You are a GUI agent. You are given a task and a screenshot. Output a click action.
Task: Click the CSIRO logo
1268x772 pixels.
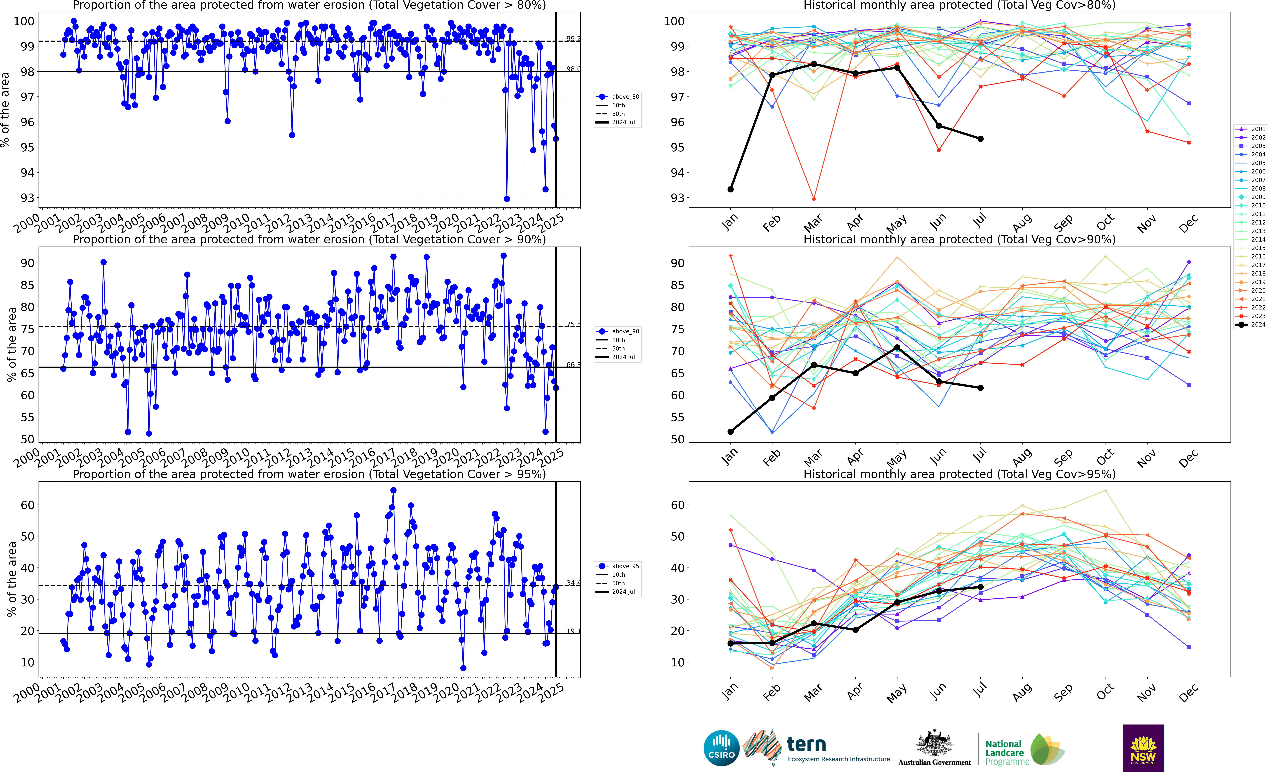[x=721, y=748]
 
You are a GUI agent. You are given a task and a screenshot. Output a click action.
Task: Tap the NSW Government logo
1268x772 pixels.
[x=1143, y=748]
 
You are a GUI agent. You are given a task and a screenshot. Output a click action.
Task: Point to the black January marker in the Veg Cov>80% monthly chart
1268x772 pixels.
[x=730, y=189]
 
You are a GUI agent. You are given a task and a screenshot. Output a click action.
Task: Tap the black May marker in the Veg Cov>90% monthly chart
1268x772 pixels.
[x=897, y=348]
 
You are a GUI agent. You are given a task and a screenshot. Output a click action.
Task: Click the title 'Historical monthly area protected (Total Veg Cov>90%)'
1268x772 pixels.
[x=959, y=239]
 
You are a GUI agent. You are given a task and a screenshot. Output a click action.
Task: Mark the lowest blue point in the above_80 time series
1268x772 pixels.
[x=507, y=199]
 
